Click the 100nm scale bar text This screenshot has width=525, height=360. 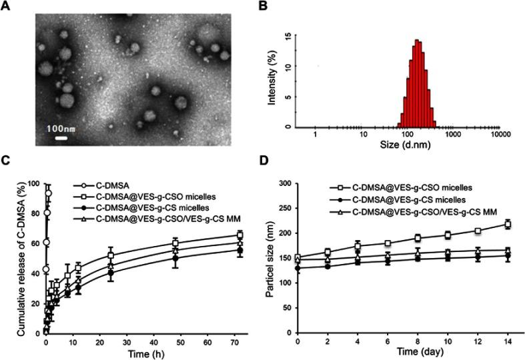click(x=61, y=127)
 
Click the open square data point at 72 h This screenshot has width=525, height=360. click(x=240, y=235)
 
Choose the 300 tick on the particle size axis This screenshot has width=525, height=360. click(x=288, y=183)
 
